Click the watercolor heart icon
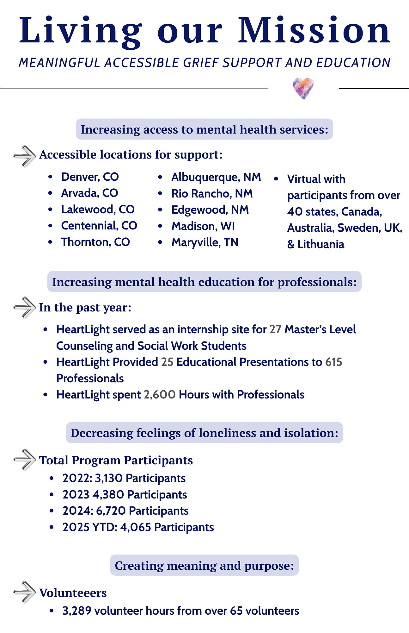303,88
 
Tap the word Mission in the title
314,31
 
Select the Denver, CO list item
90,177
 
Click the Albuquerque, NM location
216,177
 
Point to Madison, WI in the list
203,226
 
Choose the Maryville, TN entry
204,242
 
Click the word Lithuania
320,244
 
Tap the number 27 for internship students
275,329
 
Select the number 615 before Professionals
334,362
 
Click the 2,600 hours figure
160,395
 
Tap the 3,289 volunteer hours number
76,611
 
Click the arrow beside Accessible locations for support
24,156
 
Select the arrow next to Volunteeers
24,592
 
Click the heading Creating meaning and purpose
204,565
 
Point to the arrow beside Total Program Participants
24,459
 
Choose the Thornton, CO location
95,242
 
